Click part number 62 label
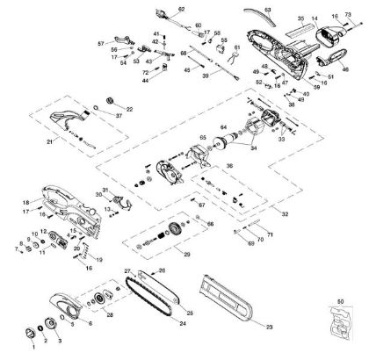[182, 9]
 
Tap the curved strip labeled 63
[255, 14]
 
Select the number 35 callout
[300, 18]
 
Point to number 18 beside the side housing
[25, 203]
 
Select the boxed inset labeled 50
[340, 326]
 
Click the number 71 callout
[270, 235]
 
